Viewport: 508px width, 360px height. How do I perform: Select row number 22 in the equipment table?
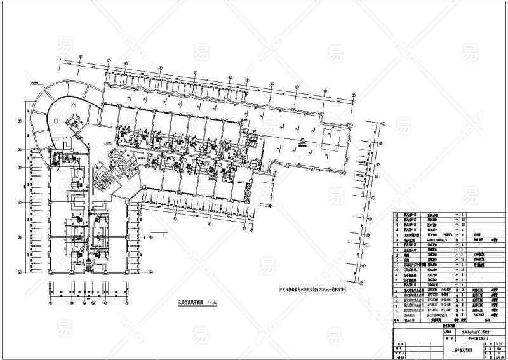pyautogui.click(x=398, y=216)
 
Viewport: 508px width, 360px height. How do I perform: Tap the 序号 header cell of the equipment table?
pyautogui.click(x=398, y=321)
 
